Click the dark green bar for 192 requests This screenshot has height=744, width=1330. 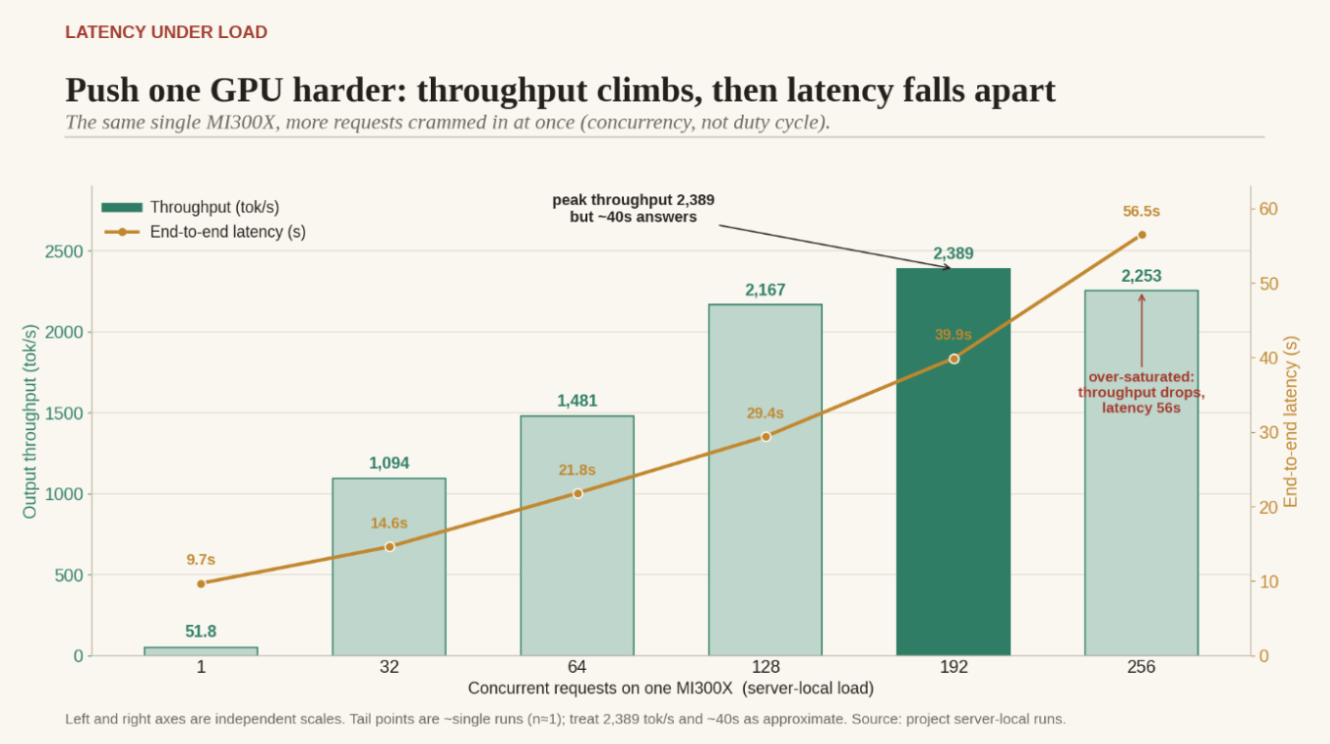click(x=953, y=462)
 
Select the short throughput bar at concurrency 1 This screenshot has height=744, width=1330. click(x=201, y=651)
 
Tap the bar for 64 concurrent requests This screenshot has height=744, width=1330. click(x=577, y=535)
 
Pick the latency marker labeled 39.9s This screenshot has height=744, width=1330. click(x=954, y=359)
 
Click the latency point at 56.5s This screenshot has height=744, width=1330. click(x=1141, y=235)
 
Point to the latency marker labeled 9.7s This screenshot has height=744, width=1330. click(x=201, y=584)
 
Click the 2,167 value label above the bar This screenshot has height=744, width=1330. click(x=764, y=290)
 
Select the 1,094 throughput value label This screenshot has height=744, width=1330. click(x=389, y=463)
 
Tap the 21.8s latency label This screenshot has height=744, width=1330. click(x=576, y=470)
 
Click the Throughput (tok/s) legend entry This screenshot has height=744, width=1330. click(x=190, y=208)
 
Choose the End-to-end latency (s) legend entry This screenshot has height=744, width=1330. click(x=205, y=231)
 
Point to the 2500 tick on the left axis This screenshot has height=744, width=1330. click(x=64, y=252)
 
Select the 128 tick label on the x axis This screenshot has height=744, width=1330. click(x=765, y=667)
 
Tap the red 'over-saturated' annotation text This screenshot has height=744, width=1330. click(x=1141, y=393)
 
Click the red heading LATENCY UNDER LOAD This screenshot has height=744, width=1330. click(x=166, y=32)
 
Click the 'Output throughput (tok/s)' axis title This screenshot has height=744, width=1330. click(x=29, y=421)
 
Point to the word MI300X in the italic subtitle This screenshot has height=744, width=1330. click(x=242, y=122)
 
